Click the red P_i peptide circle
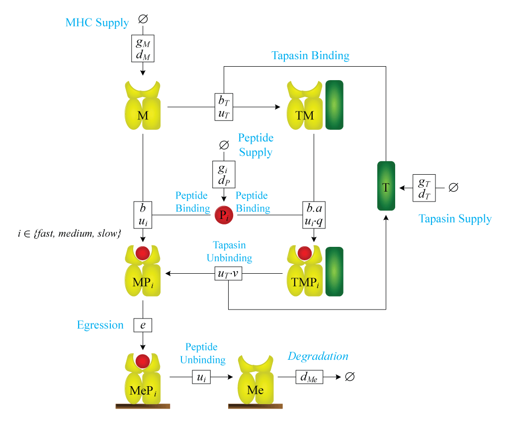click(x=224, y=216)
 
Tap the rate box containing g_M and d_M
click(x=143, y=48)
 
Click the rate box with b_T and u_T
click(x=224, y=107)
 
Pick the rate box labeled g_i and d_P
click(x=224, y=174)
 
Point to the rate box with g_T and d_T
click(x=424, y=188)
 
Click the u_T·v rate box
click(x=228, y=273)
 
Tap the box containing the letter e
click(x=143, y=325)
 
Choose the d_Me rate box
click(x=309, y=377)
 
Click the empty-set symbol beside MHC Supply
click(x=143, y=20)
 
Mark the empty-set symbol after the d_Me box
click(x=349, y=377)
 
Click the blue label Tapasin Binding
click(x=310, y=55)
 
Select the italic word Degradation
click(x=318, y=356)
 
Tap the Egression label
click(x=100, y=325)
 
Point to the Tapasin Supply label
click(x=455, y=219)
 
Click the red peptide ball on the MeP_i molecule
click(x=143, y=360)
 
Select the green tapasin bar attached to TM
click(x=334, y=106)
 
